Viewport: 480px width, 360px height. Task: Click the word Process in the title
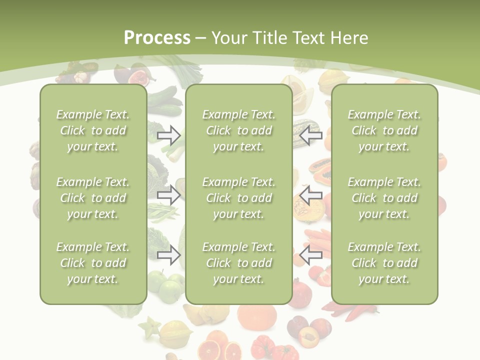pos(157,37)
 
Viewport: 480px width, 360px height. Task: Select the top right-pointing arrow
pos(169,135)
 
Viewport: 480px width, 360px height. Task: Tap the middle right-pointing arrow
pos(169,194)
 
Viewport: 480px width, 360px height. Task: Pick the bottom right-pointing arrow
pos(169,255)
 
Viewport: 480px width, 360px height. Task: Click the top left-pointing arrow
pos(311,135)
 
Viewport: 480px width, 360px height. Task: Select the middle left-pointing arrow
pos(311,194)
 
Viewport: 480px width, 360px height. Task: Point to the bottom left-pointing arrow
pos(311,255)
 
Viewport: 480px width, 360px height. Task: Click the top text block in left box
pos(93,130)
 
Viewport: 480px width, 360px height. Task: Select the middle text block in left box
pos(93,198)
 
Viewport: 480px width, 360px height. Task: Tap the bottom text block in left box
pos(93,263)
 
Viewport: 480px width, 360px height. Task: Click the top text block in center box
pos(238,130)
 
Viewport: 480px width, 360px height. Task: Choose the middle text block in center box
pos(238,198)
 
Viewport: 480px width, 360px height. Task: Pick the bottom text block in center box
pos(238,263)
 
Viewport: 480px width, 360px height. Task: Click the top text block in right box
pos(384,130)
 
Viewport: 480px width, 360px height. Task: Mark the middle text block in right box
pos(384,198)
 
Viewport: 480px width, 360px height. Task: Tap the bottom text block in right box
pos(384,263)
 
